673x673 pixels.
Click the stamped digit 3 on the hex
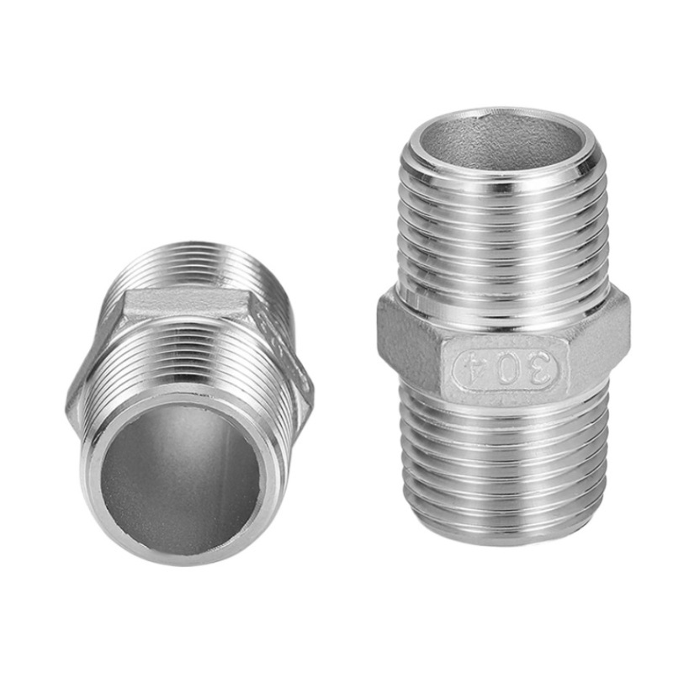pos(539,368)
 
